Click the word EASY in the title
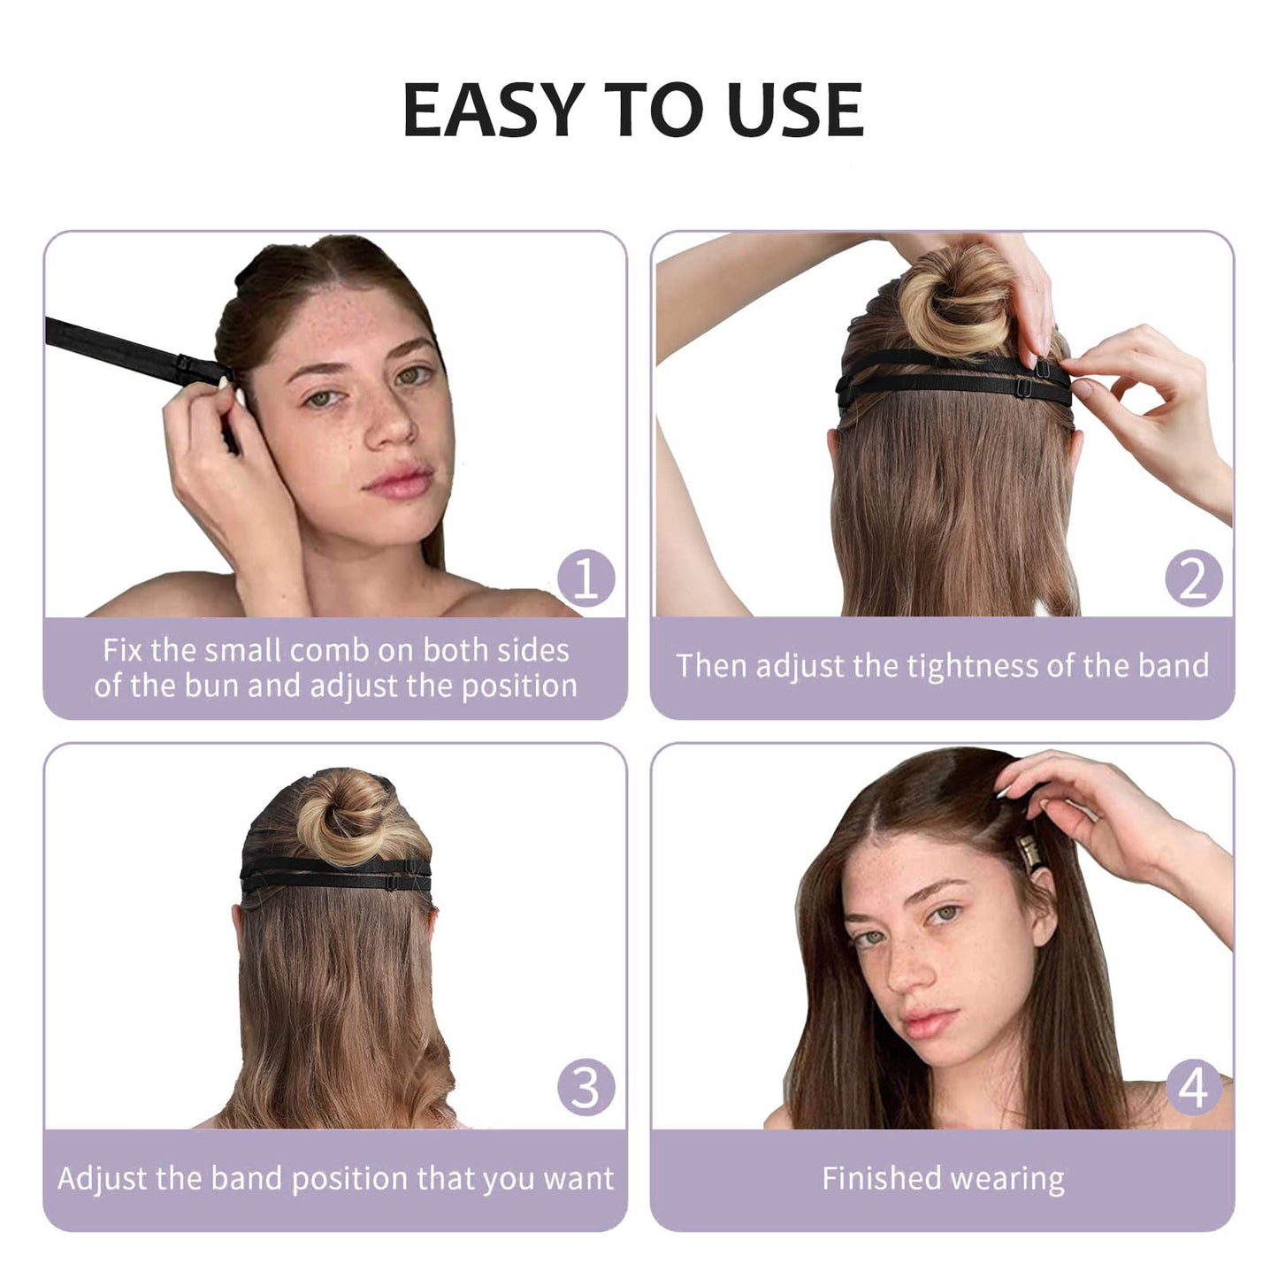[x=494, y=110]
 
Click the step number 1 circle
[x=585, y=578]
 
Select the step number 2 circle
[x=1194, y=578]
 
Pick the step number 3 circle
[x=585, y=1088]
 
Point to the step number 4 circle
[x=1194, y=1088]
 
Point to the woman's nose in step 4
[x=908, y=974]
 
